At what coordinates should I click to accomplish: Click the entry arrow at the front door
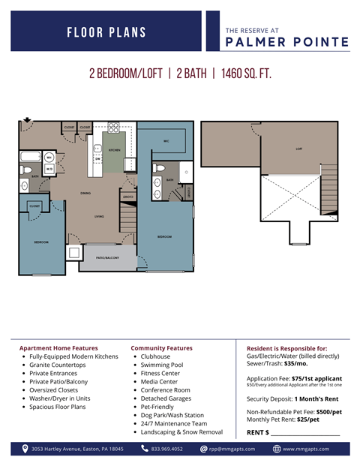coord(27,119)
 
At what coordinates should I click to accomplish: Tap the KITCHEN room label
coord(115,150)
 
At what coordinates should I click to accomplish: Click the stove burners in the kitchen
coord(114,127)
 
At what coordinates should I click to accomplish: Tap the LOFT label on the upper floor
coord(298,149)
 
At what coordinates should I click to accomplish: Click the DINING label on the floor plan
coord(86,193)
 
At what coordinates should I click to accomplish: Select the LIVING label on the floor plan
coord(99,217)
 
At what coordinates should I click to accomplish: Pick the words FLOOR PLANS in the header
coord(106,32)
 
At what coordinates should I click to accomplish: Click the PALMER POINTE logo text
coord(287,42)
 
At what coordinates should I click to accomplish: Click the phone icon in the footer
coord(145,449)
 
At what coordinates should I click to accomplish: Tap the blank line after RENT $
coord(305,432)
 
